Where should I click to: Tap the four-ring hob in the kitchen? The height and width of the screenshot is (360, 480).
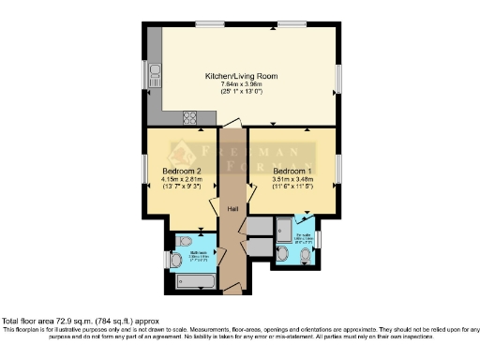pos(189,117)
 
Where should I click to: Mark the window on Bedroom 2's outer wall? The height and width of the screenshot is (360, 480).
pos(144,170)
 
